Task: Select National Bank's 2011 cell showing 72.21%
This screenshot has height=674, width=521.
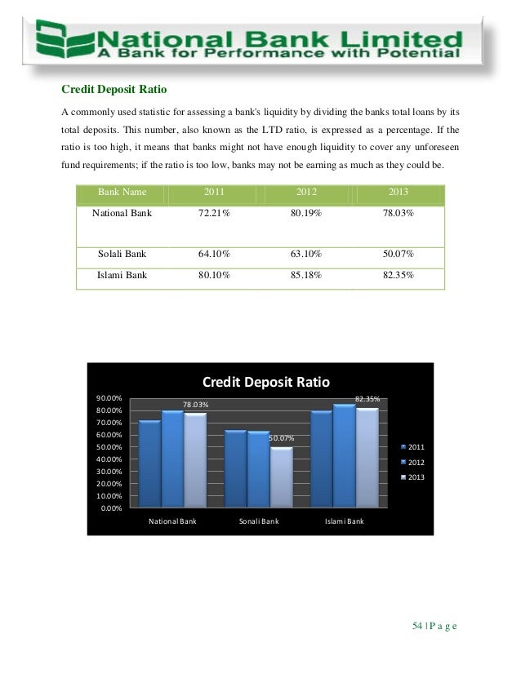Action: pos(214,212)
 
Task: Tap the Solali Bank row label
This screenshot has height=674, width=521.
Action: pos(122,253)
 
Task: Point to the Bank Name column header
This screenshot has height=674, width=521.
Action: pos(122,192)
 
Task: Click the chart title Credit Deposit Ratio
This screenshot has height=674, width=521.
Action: pos(265,382)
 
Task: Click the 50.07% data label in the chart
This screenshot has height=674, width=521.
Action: pos(282,439)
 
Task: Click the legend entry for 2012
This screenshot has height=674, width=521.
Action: pos(412,462)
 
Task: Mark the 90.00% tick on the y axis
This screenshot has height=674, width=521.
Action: pos(110,399)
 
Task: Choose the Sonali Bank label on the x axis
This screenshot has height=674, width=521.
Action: pos(259,520)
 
